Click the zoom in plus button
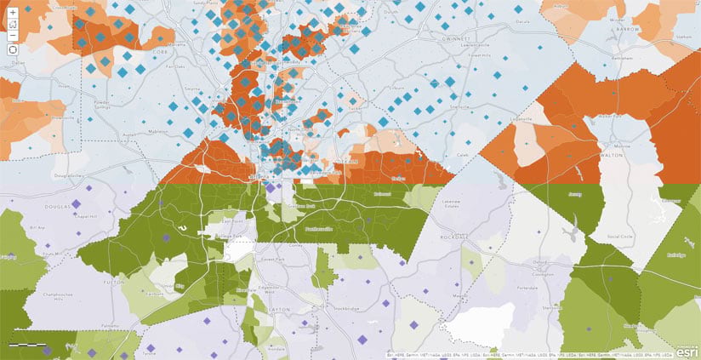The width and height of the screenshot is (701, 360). (13, 13)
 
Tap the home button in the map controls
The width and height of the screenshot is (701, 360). (13, 26)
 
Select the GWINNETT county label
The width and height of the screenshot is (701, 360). (414, 37)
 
